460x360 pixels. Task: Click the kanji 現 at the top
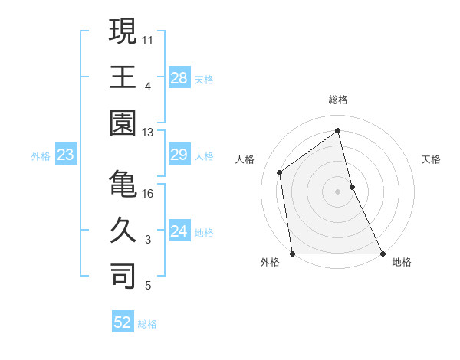coord(123,31)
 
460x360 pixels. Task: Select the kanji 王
coord(123,77)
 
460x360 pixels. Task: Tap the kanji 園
coord(123,123)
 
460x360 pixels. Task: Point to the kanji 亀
coord(123,185)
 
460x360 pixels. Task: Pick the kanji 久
coord(123,231)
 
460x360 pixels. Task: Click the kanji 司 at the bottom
coord(123,277)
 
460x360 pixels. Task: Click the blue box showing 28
coord(179,77)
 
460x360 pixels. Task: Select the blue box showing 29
coord(179,155)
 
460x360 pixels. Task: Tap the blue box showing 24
coord(179,232)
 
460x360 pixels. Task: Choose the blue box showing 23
coord(66,155)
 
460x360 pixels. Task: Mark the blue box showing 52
coord(123,322)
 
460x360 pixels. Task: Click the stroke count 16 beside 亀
coord(149,193)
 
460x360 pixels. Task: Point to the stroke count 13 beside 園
coord(149,132)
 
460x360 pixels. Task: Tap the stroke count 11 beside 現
coord(149,39)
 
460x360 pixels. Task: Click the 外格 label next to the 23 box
coord(41,156)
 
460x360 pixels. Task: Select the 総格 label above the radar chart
coord(338,100)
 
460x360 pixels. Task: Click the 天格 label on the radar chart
coord(432,159)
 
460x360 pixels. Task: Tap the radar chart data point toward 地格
coord(383,254)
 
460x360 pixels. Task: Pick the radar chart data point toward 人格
coord(280,172)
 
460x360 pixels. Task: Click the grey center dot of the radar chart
coord(338,191)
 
